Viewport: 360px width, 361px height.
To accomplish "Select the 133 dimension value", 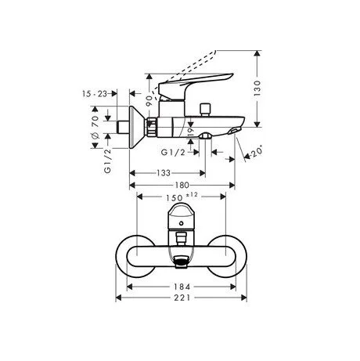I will [x=161, y=172].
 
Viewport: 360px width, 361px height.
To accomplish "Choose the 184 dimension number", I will [x=184, y=287].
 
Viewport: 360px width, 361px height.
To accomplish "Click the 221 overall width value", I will [x=184, y=299].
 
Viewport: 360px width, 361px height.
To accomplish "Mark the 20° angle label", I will [x=255, y=153].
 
